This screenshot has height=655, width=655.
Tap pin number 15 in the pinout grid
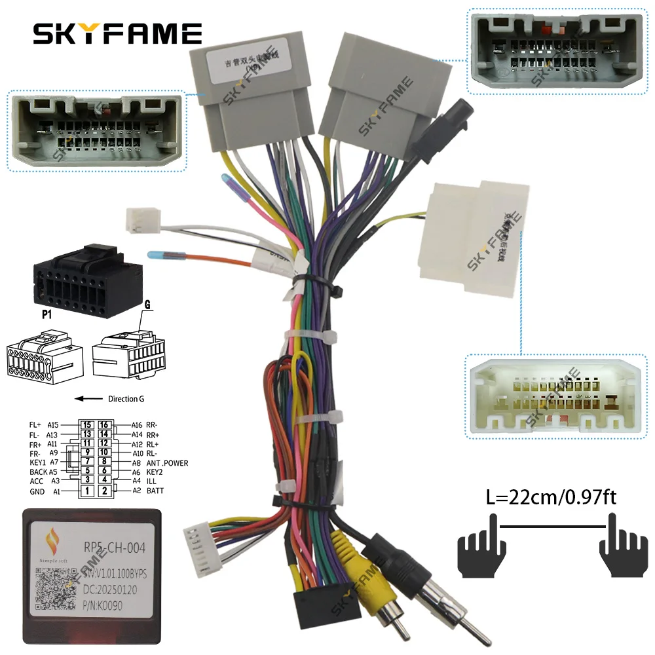tap(86, 424)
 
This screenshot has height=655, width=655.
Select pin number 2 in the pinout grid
tap(104, 491)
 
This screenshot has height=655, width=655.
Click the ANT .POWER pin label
tap(167, 463)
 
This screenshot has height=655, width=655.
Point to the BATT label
tap(155, 491)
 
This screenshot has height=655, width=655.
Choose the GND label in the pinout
tap(37, 491)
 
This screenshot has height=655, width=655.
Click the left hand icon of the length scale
tap(479, 543)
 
